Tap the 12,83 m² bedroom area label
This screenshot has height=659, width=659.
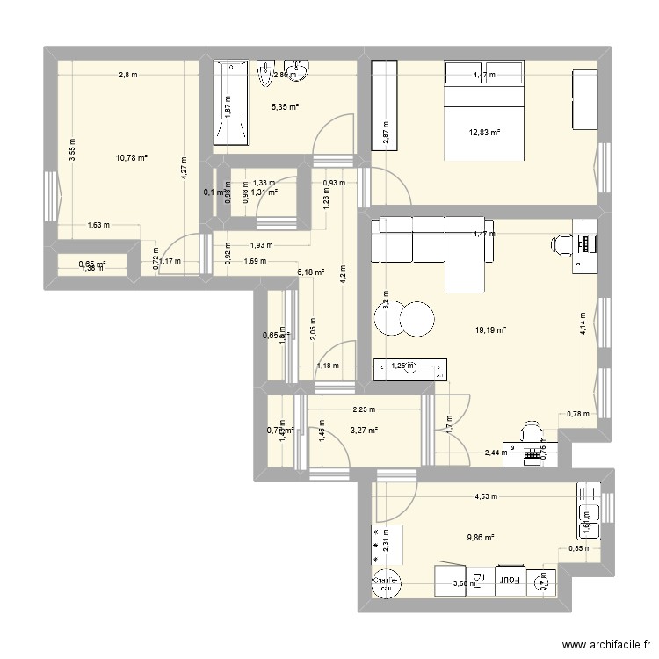[485, 133]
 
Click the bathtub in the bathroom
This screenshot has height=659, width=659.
[230, 101]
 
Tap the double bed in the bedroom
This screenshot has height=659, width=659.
[484, 110]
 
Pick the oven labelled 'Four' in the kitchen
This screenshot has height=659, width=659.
[508, 581]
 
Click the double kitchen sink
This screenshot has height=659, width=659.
[589, 510]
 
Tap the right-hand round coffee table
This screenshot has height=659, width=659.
[419, 318]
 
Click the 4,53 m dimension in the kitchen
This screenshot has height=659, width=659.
[486, 496]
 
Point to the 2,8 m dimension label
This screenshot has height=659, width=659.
[128, 75]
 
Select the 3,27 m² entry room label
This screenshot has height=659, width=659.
[363, 431]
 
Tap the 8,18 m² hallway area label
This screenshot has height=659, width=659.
[311, 272]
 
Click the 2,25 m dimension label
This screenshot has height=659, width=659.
[363, 409]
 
